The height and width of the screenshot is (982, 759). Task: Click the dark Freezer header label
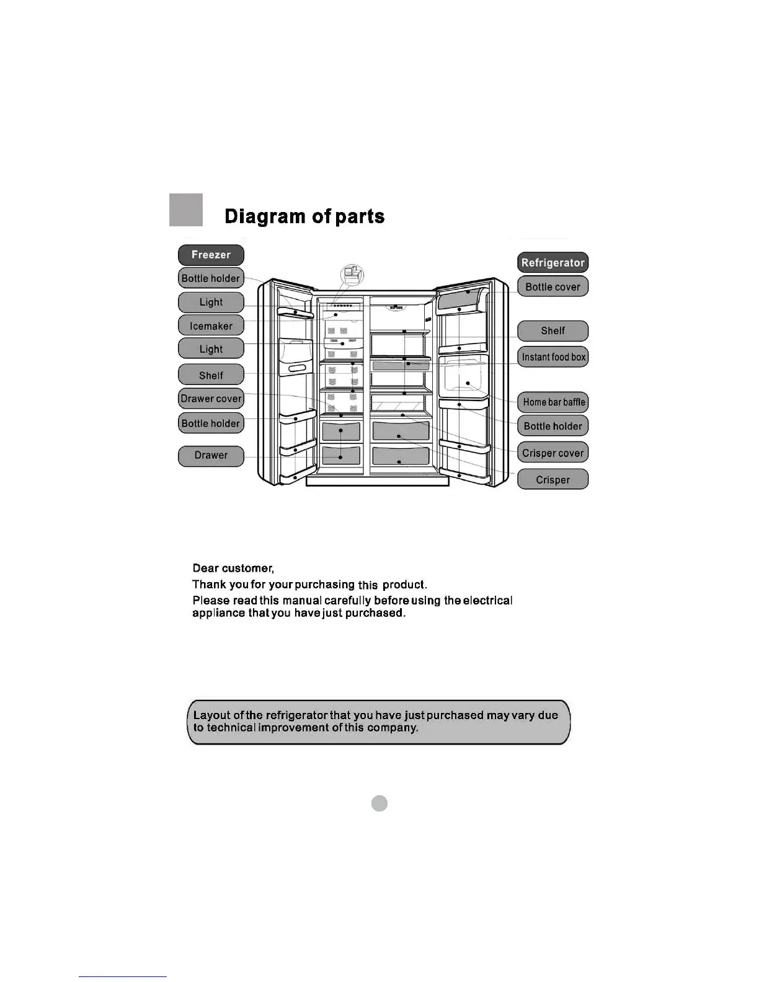point(211,255)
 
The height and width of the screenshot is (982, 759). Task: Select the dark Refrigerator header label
point(553,263)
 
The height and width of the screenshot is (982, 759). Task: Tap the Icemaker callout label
point(211,325)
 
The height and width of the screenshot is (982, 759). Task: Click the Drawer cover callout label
point(211,399)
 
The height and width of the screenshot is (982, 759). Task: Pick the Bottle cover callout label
point(553,287)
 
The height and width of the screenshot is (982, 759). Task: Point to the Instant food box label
point(553,357)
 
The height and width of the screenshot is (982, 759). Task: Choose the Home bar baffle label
point(553,402)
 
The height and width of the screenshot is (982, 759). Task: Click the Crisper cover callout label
point(553,453)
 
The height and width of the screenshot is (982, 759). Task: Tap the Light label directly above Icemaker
point(211,302)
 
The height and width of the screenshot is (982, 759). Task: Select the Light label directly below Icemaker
point(211,349)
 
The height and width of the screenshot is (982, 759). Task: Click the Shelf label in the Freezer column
point(211,375)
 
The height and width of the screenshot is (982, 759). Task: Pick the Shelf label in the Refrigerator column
point(553,331)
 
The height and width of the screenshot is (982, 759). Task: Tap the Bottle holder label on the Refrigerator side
point(553,427)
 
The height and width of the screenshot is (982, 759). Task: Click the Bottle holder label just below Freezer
point(211,278)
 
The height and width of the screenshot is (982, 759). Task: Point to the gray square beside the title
point(186,210)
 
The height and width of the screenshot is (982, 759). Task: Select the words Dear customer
point(233,568)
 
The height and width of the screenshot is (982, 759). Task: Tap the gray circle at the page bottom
point(379,803)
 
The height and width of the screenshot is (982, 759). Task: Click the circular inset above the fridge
point(352,274)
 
